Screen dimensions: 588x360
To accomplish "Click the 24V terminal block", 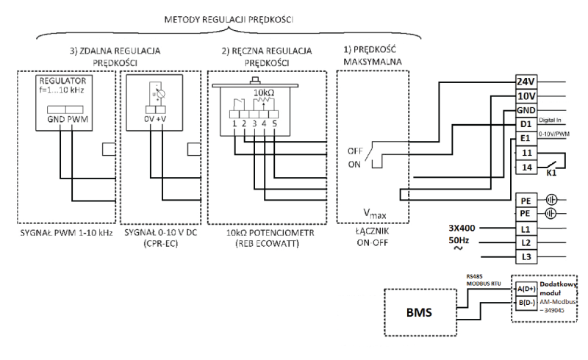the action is pos(526,82).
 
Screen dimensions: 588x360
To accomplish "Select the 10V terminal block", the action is pos(526,96).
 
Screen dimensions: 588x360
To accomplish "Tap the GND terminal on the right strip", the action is pos(526,110).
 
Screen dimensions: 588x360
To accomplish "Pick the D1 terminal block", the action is pos(526,124).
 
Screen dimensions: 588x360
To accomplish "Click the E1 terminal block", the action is pos(526,139).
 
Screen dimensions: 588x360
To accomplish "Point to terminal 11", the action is pos(526,153).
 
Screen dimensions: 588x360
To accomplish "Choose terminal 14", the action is pos(526,168).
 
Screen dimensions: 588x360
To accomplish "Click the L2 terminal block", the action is pos(526,242).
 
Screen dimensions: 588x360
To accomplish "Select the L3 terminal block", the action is pos(526,257).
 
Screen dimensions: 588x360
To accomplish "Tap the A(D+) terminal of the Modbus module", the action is pos(526,289).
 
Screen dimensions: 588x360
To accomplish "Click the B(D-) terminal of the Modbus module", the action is pos(526,303).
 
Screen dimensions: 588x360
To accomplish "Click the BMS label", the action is pos(419,312).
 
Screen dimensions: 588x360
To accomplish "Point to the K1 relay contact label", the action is pos(551,173).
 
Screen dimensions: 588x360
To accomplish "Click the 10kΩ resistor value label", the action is pos(264,93).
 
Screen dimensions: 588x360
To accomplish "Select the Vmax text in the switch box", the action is pos(374,213).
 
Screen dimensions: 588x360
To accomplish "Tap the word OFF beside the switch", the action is pos(355,151).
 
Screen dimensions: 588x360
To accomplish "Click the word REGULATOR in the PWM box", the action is pos(62,81).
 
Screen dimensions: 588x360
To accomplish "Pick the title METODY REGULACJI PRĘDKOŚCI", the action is pos(229,20).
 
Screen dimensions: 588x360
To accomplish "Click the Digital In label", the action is pos(550,120).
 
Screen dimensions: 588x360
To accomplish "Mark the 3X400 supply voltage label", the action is pos(462,228).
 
